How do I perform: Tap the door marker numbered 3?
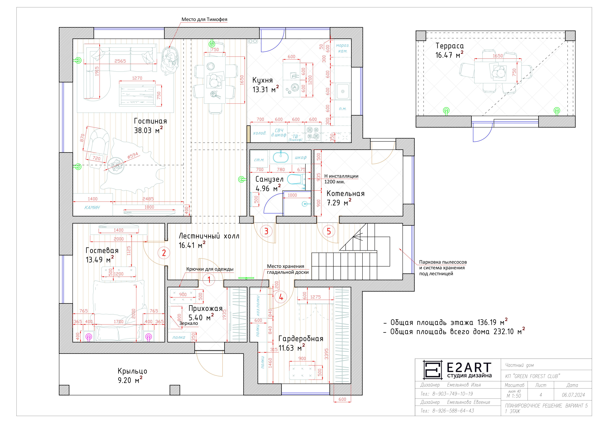(x=266, y=231)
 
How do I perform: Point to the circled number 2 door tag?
(x=164, y=253)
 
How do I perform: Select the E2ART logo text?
(x=469, y=367)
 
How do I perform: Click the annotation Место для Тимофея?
(x=204, y=19)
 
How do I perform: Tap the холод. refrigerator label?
(x=260, y=133)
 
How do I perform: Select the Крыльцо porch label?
(x=132, y=371)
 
